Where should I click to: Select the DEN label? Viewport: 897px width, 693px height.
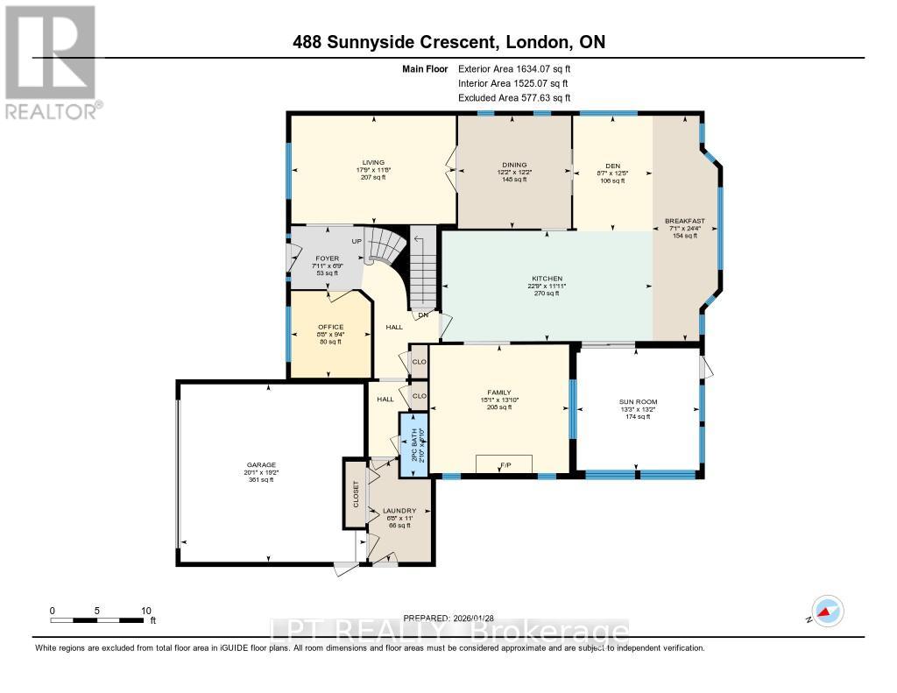(612, 165)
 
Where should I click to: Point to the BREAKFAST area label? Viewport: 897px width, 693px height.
(684, 221)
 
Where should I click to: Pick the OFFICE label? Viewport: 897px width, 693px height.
(330, 327)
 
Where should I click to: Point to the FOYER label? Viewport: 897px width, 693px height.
(326, 259)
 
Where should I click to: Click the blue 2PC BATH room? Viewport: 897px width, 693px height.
(413, 445)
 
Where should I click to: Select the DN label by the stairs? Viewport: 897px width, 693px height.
(423, 315)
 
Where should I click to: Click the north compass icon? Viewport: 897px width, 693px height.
(827, 612)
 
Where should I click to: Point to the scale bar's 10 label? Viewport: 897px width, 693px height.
(146, 611)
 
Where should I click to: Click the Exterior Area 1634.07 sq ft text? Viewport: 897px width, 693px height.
(519, 68)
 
